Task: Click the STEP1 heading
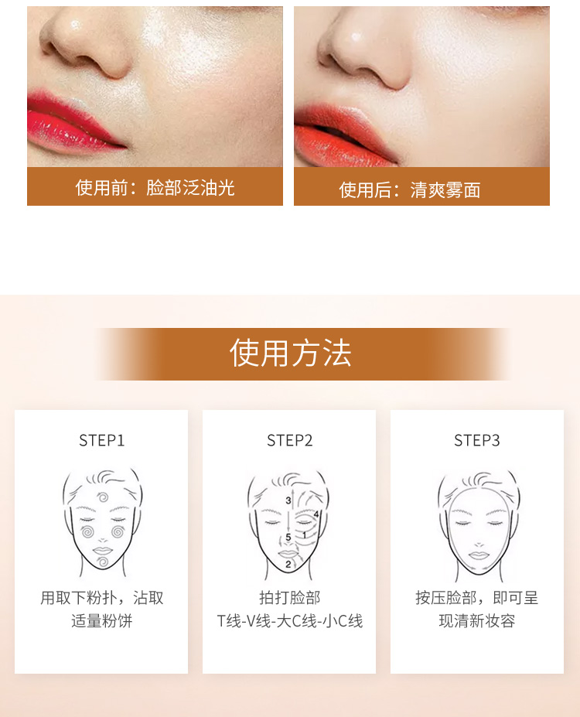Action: pos(101,440)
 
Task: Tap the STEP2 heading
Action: pos(290,440)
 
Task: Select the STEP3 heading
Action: pos(476,440)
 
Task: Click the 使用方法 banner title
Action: pos(290,353)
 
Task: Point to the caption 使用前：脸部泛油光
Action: pos(155,187)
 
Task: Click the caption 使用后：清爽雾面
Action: pos(410,189)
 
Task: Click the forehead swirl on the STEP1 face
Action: pos(103,497)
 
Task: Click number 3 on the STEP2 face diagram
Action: pos(288,500)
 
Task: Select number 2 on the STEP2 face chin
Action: pos(288,565)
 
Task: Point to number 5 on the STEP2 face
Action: pos(288,538)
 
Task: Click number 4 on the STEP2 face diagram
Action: pos(316,514)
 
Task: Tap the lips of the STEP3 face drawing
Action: pos(479,555)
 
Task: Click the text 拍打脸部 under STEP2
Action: pos(290,598)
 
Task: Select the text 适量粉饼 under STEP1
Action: pos(101,621)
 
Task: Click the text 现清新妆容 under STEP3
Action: pos(476,621)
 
